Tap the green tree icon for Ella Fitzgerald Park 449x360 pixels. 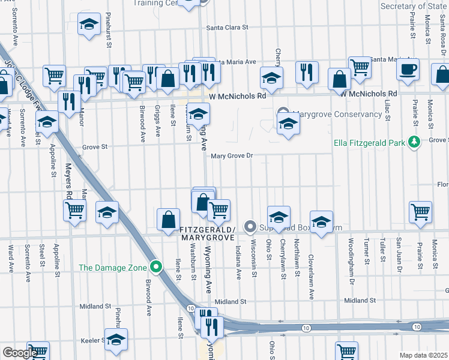(413, 142)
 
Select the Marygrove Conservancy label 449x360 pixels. (340, 114)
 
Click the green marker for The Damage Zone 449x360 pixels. (156, 267)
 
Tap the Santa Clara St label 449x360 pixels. (227, 28)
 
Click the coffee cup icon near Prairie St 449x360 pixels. (408, 68)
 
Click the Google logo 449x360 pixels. (20, 353)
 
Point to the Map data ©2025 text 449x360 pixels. (423, 355)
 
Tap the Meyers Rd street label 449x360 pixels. (69, 181)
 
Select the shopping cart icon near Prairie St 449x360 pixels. (420, 211)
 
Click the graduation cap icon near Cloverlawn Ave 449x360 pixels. (321, 221)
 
